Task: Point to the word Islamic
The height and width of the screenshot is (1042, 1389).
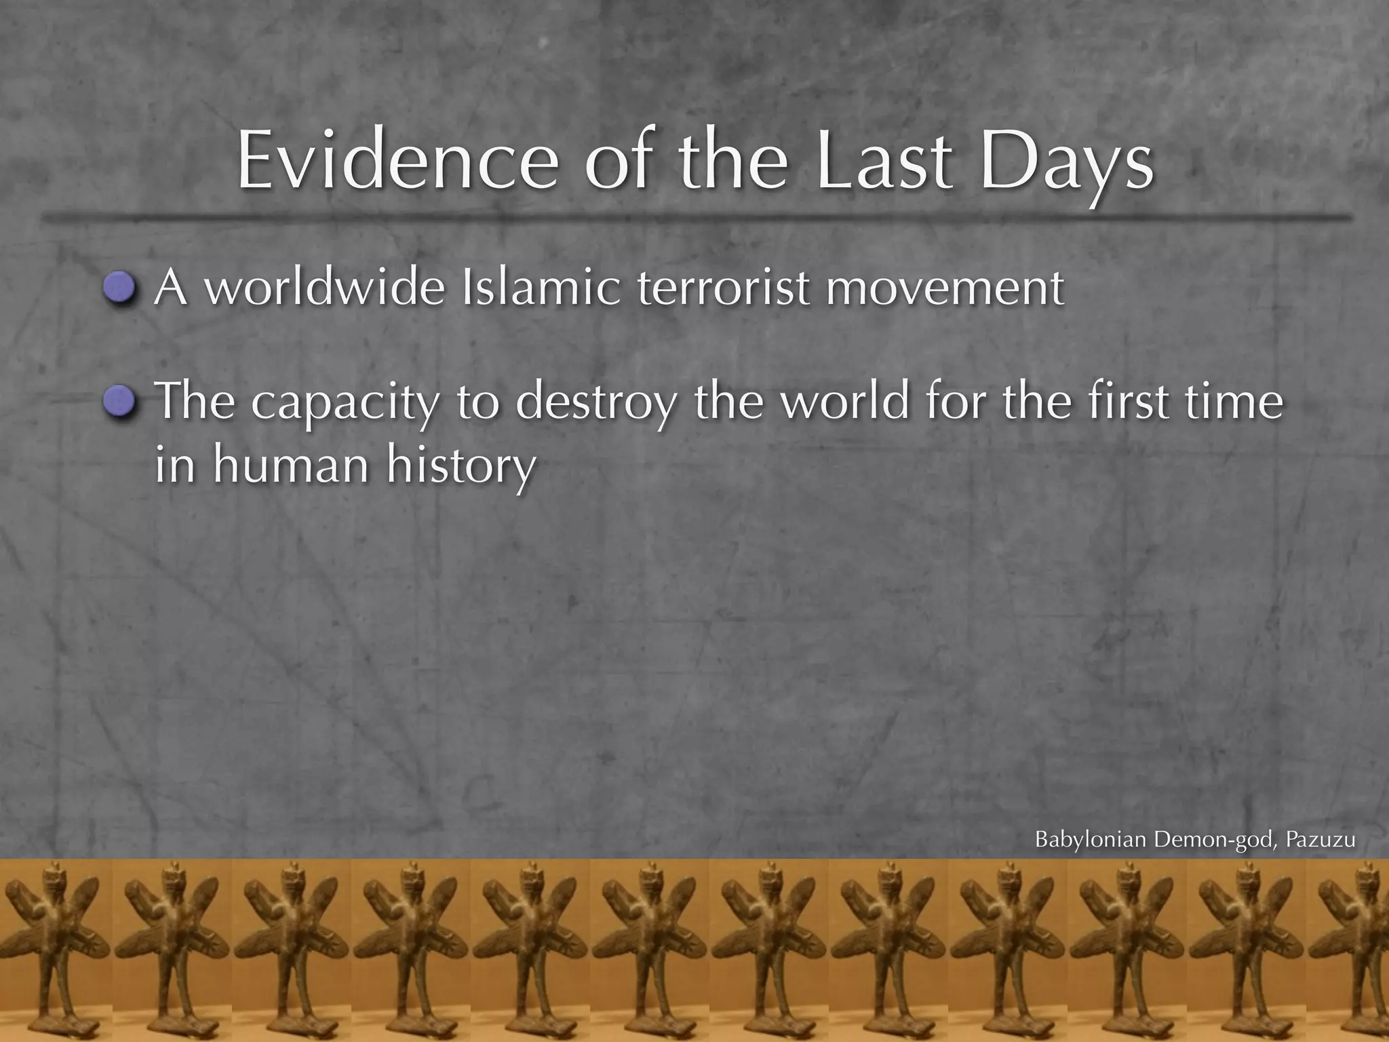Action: point(540,288)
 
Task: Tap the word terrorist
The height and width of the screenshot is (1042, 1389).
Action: point(723,288)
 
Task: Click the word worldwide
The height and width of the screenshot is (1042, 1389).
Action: point(325,288)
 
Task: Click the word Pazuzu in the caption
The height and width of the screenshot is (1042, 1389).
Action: point(1320,840)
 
